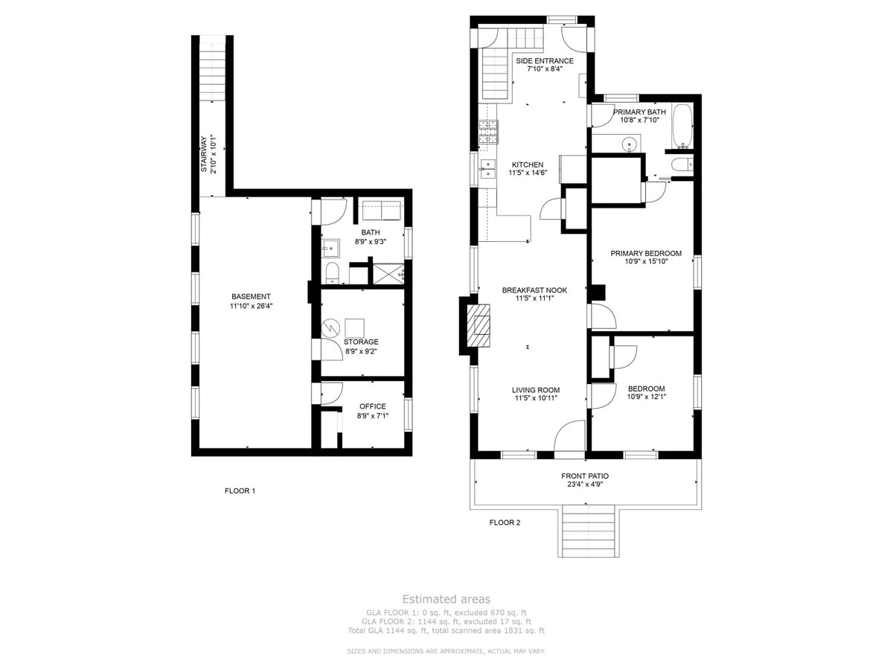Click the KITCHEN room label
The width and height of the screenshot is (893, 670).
pos(528,165)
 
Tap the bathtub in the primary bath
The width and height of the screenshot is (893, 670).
pos(682,126)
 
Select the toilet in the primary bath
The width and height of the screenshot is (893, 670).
pos(682,165)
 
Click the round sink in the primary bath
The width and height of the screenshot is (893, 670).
pos(630,144)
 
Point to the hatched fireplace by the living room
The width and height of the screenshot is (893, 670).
pos(478,325)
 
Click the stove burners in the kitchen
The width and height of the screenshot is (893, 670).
pos(488,132)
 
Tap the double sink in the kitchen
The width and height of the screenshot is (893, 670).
pos(487,169)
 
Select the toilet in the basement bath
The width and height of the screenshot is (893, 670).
pos(333,273)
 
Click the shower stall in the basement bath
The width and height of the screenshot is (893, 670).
pos(388,273)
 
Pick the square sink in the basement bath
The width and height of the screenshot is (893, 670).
pos(331,248)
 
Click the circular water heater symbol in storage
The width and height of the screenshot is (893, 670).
pos(330,328)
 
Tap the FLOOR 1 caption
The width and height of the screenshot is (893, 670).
pos(240,491)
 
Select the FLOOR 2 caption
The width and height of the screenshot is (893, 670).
pos(505,523)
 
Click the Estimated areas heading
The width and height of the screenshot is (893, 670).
pos(446,599)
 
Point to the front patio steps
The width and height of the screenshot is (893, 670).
pos(589,531)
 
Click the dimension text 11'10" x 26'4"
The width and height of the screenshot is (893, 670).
pos(251,306)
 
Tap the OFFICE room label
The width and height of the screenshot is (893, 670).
pos(373,406)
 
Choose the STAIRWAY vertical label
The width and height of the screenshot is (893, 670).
pos(204,154)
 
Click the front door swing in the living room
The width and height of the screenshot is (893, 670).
pos(569,435)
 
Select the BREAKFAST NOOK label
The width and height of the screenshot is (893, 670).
pos(534,290)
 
